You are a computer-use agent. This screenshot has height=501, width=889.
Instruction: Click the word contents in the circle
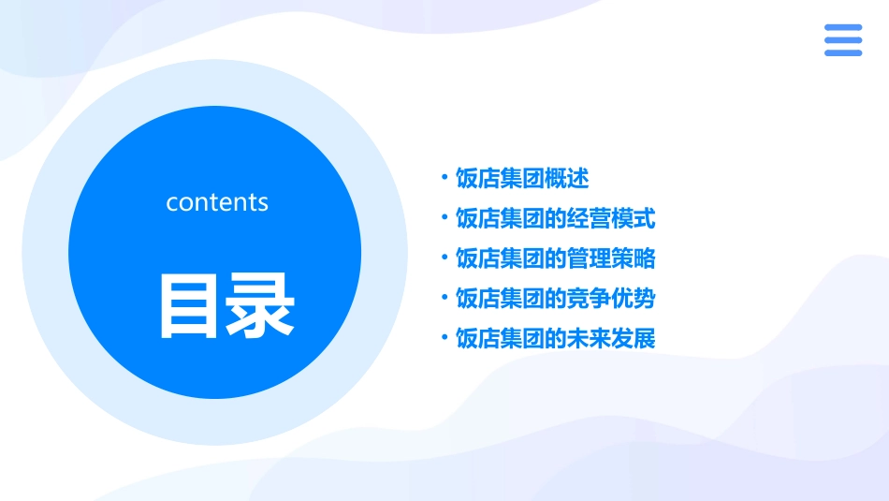click(x=217, y=202)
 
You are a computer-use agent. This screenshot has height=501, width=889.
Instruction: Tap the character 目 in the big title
click(x=188, y=305)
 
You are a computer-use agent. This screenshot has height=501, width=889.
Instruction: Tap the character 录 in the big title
click(x=259, y=305)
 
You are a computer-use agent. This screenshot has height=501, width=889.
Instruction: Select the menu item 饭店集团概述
click(x=522, y=178)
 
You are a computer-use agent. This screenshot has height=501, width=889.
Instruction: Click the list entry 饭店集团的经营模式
click(x=555, y=218)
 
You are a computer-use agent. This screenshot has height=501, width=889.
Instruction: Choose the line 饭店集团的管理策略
click(x=555, y=258)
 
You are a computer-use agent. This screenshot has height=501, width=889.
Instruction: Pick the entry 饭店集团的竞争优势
click(x=555, y=299)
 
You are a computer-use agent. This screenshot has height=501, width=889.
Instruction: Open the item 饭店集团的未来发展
click(x=555, y=338)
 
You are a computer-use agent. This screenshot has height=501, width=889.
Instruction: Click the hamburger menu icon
click(x=843, y=40)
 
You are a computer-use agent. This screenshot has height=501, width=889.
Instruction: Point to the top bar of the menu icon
click(x=843, y=28)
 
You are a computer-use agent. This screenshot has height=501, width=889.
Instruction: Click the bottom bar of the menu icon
click(x=843, y=52)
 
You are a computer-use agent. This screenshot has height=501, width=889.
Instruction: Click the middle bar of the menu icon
click(x=843, y=40)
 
